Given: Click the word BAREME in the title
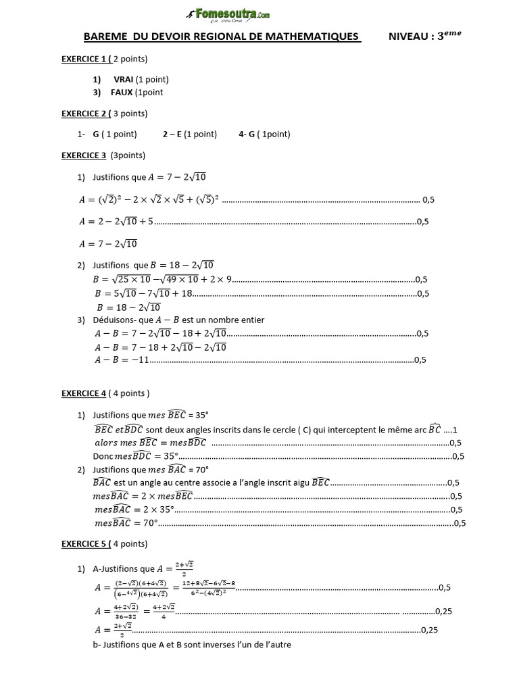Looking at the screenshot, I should (105, 36).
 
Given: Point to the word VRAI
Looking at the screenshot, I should (124, 80).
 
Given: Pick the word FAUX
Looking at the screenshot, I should (124, 92).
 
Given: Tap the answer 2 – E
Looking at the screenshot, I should (173, 134).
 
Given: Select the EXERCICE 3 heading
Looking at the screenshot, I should (84, 155).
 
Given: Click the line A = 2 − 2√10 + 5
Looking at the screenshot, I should (116, 221).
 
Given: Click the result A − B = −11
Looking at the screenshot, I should (121, 360).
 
